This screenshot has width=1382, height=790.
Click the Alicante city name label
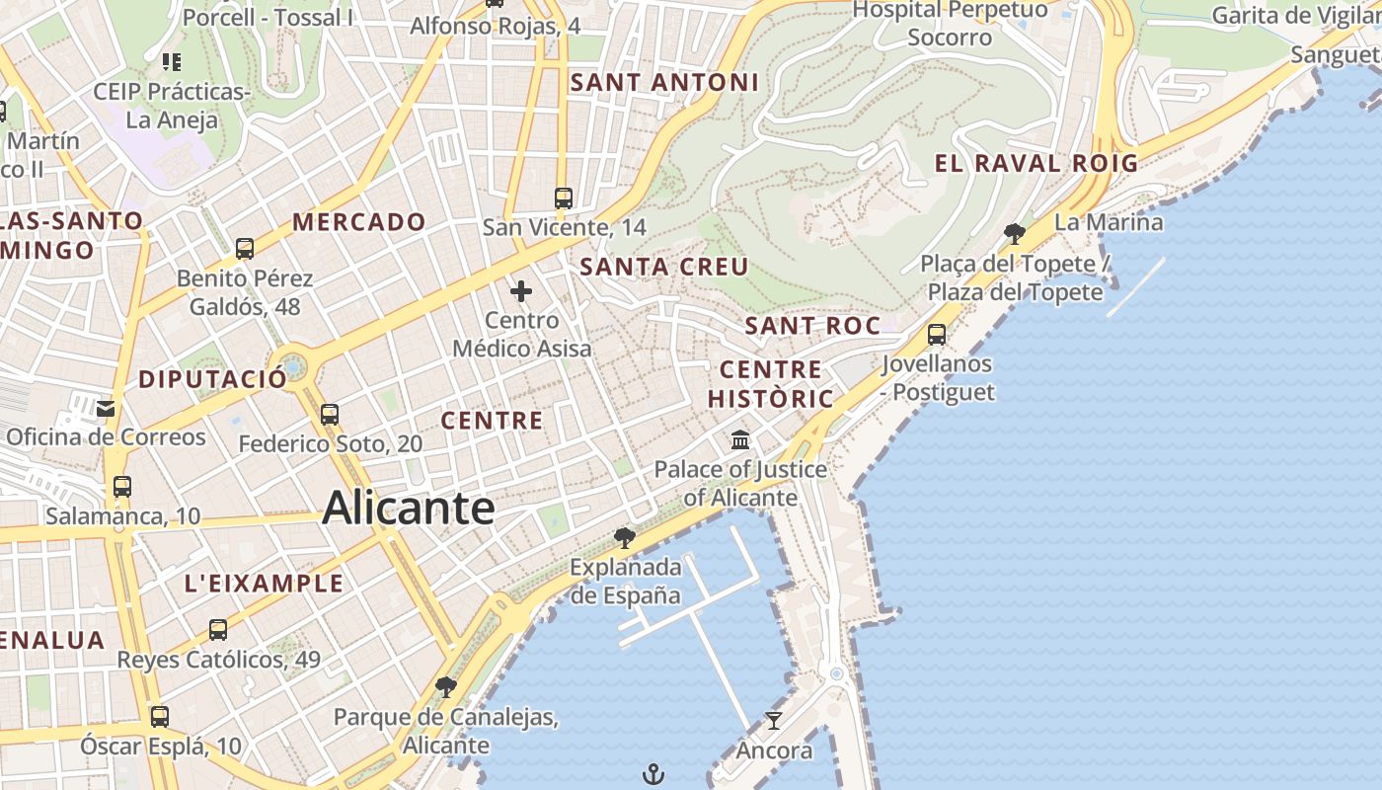click(x=408, y=508)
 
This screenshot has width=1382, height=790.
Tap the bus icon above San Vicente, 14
click(x=564, y=198)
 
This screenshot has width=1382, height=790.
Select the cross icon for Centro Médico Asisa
click(x=521, y=291)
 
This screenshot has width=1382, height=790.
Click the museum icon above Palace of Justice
click(x=740, y=439)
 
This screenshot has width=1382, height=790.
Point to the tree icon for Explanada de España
click(x=624, y=537)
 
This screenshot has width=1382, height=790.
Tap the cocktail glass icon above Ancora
click(x=774, y=721)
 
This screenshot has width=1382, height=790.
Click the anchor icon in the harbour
click(x=653, y=774)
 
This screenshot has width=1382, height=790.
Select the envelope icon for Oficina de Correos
click(x=106, y=408)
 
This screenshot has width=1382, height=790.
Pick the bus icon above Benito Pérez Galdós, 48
click(x=245, y=249)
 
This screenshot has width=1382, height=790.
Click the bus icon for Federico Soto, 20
click(x=330, y=415)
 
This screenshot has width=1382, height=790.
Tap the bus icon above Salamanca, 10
click(x=122, y=487)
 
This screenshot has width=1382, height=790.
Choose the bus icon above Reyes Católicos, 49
click(x=218, y=630)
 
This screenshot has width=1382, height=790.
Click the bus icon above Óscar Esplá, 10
click(x=159, y=716)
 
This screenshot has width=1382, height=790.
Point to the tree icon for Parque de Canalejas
click(x=446, y=686)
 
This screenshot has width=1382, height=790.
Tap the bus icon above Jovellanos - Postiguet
click(x=937, y=335)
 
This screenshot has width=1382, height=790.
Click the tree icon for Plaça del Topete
click(x=1014, y=234)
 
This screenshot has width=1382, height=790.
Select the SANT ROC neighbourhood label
click(x=812, y=326)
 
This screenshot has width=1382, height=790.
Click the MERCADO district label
click(x=359, y=222)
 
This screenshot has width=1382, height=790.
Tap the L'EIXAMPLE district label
click(x=264, y=583)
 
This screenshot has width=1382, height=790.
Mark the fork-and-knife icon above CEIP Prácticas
click(x=172, y=62)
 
